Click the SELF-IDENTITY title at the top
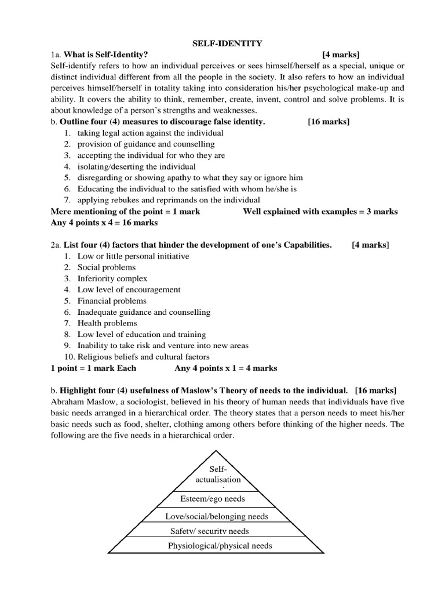[222, 44]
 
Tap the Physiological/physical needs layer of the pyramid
[220, 545]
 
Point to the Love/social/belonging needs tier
[220, 515]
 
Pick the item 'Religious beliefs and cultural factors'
[144, 356]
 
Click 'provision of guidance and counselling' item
[146, 144]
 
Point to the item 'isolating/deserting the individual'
[137, 166]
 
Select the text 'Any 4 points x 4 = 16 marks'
[104, 222]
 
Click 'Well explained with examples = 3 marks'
[320, 211]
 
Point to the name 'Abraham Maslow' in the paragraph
[79, 402]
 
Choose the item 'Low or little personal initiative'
[133, 256]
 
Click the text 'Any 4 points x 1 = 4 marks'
[225, 368]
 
